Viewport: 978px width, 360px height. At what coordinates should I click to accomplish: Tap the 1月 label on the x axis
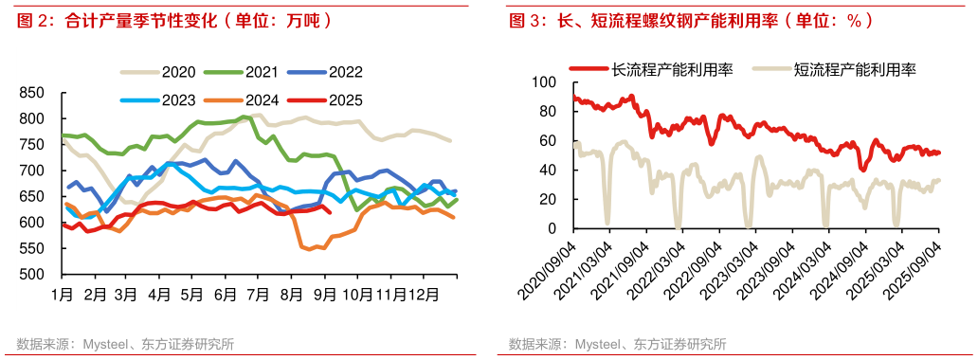pyautogui.click(x=63, y=295)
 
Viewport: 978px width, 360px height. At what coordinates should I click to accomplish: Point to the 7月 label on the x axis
pyautogui.click(x=259, y=295)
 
